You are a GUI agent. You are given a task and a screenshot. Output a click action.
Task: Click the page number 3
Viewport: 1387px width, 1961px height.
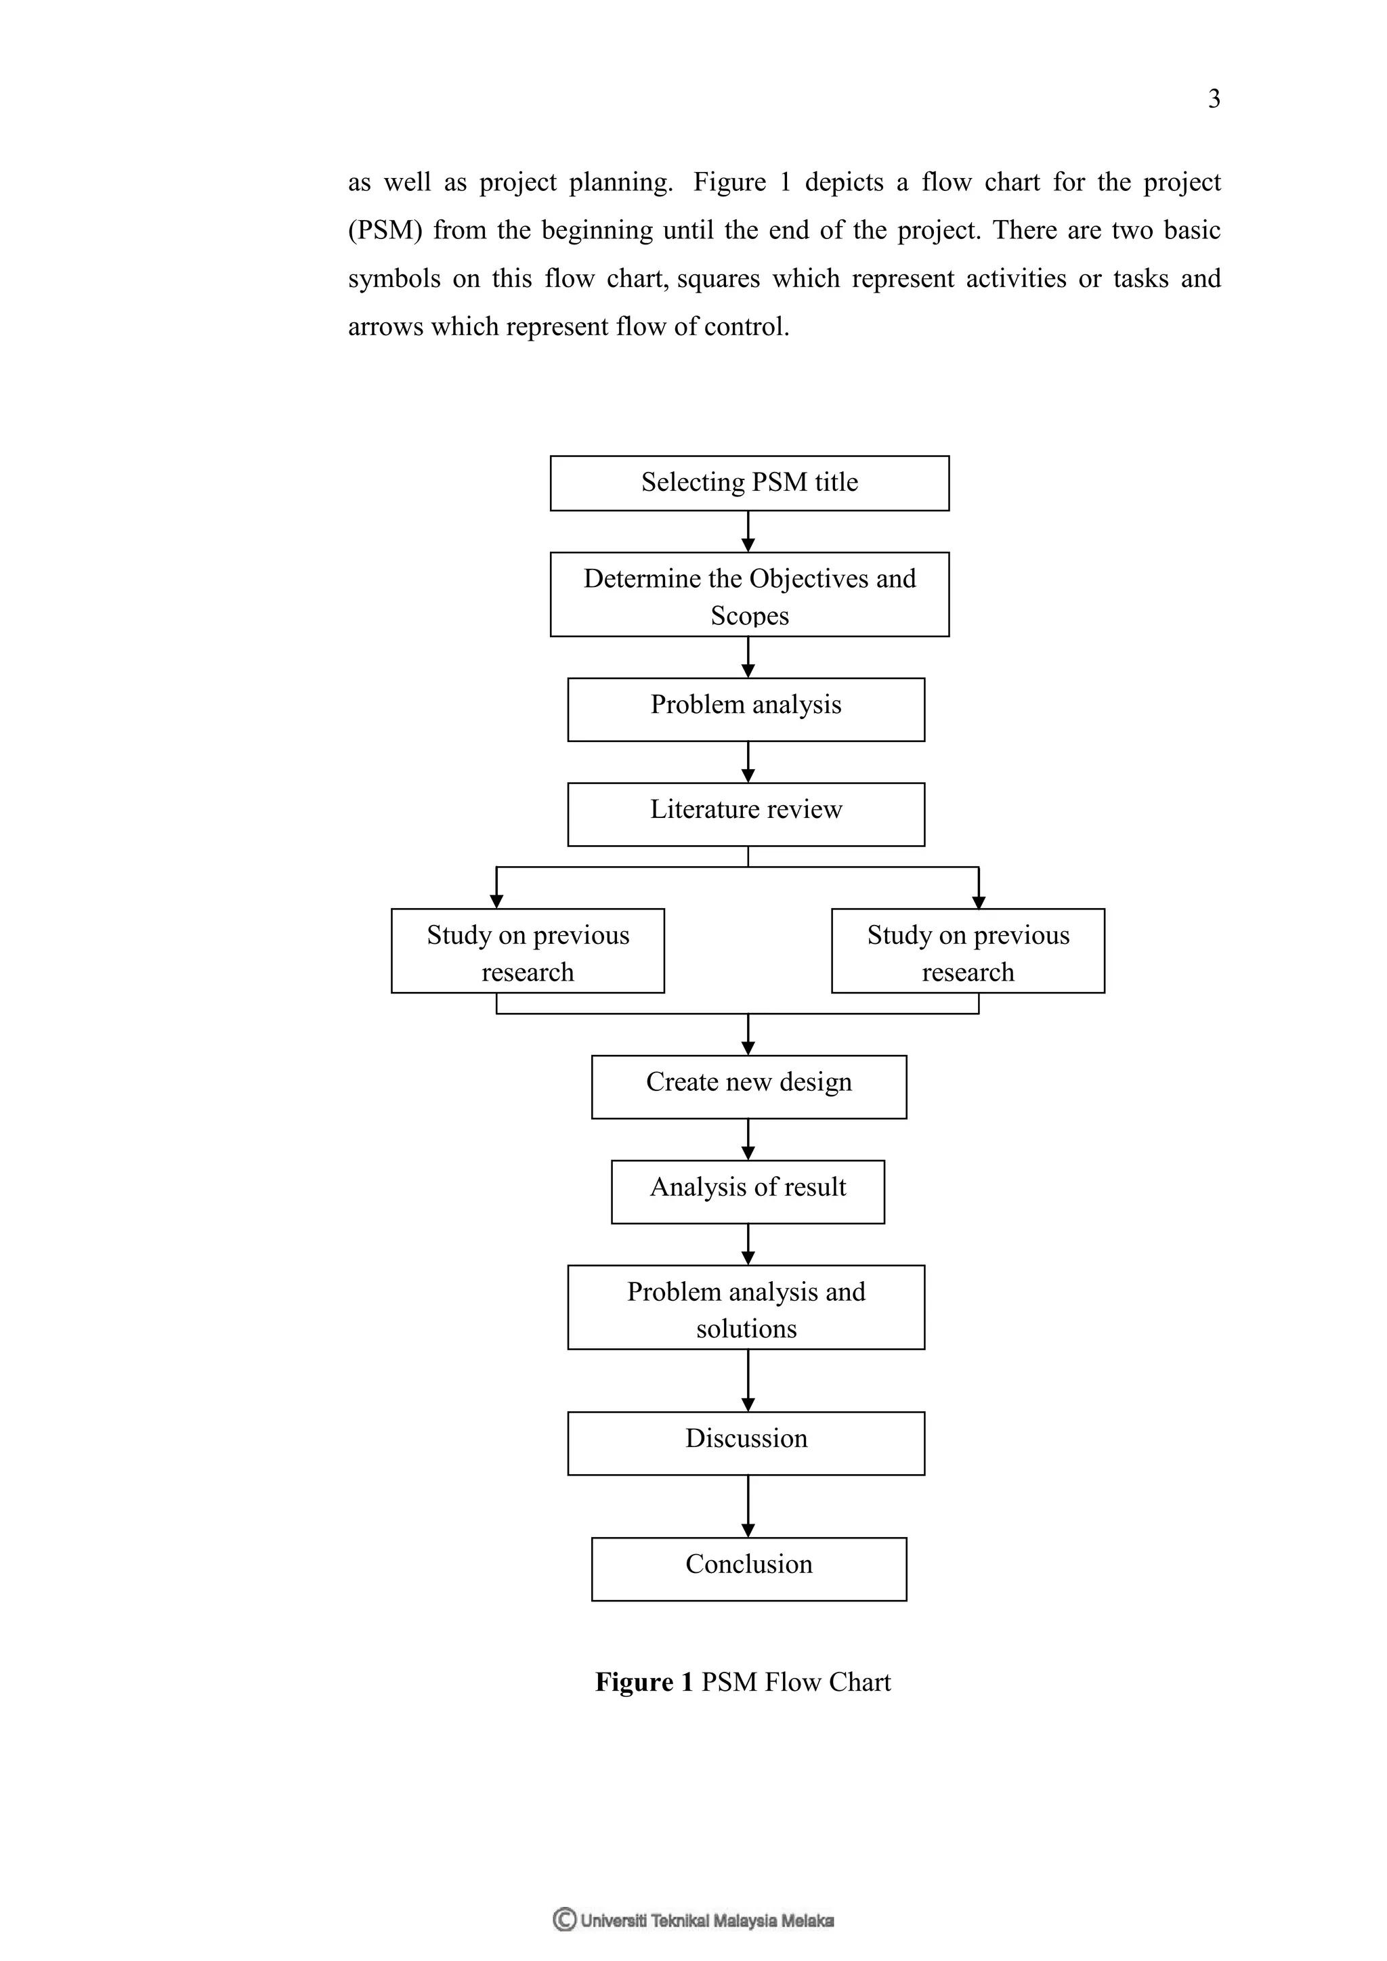click(1214, 99)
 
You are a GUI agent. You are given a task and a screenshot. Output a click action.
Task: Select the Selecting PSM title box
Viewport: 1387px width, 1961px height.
click(749, 483)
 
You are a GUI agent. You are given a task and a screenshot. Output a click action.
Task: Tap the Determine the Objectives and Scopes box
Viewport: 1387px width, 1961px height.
click(749, 595)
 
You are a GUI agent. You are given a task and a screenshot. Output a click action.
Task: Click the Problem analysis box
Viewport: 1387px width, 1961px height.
click(746, 709)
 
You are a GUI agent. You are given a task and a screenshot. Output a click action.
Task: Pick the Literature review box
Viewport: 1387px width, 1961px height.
click(746, 814)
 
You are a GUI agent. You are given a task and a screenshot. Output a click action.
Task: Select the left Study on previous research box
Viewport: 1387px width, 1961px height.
click(528, 951)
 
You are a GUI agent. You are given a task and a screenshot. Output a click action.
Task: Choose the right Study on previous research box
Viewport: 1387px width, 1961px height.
click(968, 951)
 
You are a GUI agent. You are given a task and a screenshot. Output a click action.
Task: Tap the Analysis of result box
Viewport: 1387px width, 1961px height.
click(747, 1192)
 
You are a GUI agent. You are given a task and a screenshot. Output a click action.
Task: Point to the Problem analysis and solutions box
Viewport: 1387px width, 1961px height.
click(746, 1308)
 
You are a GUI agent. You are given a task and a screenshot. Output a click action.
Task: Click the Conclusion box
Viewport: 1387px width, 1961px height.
click(748, 1569)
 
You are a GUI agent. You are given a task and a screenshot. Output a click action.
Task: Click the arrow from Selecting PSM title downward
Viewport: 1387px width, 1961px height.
click(748, 532)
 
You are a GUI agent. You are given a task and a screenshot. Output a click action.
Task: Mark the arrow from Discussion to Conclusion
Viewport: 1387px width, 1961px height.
click(748, 1506)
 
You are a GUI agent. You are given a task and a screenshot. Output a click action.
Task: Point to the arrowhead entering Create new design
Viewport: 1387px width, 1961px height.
click(748, 1049)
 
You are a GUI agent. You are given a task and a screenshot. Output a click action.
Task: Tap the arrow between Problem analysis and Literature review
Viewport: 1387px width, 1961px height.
click(748, 762)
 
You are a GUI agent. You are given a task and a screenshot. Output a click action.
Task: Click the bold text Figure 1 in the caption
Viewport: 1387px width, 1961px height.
click(643, 1682)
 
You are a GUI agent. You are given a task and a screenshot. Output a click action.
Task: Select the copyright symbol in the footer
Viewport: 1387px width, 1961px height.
click(563, 1919)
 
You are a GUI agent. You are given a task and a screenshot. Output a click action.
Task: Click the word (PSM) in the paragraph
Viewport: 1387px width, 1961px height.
click(384, 231)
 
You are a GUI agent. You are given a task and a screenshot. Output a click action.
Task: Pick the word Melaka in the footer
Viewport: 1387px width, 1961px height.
click(807, 1921)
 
